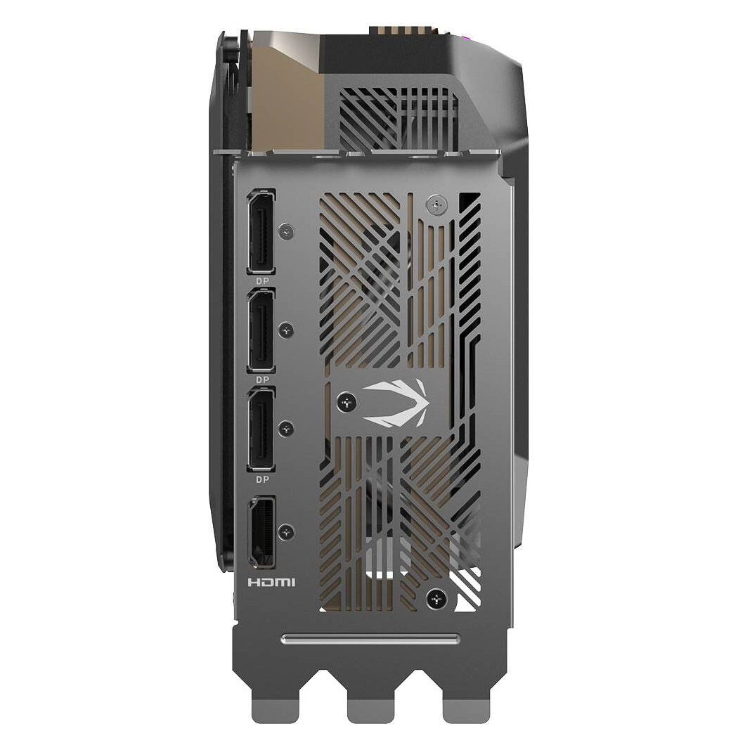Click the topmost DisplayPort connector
[261, 231]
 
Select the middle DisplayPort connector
[261, 331]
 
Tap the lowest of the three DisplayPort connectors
[261, 429]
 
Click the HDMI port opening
[261, 532]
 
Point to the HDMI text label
[272, 583]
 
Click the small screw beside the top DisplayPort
[285, 230]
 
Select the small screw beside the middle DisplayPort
[285, 330]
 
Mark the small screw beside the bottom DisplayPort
[285, 429]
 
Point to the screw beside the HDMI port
[285, 531]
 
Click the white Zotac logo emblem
[395, 403]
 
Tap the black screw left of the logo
[346, 402]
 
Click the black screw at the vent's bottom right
[437, 598]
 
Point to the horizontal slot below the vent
[370, 639]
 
